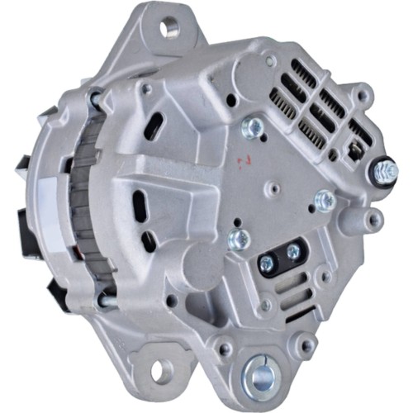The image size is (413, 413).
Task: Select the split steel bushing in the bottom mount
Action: (262, 376)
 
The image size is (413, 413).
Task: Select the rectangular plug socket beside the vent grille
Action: (353, 150)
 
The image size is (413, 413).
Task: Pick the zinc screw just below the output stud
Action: (325, 199)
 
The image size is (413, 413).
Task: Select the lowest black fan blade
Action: (59, 289)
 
